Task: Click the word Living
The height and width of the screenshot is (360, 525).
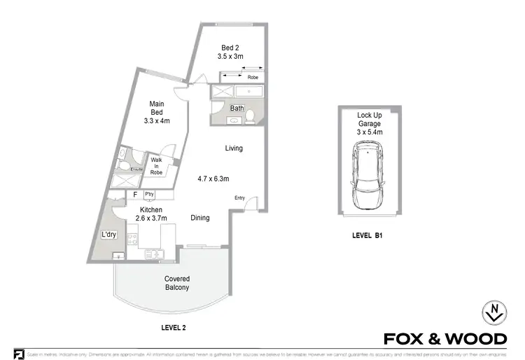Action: tap(234, 148)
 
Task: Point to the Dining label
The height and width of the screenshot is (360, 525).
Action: tap(200, 219)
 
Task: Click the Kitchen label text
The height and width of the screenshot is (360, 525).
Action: tap(150, 210)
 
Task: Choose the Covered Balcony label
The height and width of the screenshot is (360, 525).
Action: tap(177, 283)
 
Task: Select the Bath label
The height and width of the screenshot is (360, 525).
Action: tap(237, 109)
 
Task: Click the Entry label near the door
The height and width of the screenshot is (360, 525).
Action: tap(239, 198)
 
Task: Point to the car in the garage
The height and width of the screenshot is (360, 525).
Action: tap(369, 175)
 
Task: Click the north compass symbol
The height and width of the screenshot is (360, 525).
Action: tap(493, 312)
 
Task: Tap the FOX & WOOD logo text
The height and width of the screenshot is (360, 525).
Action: tap(445, 339)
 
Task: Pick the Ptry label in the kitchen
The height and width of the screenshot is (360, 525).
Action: tap(148, 194)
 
